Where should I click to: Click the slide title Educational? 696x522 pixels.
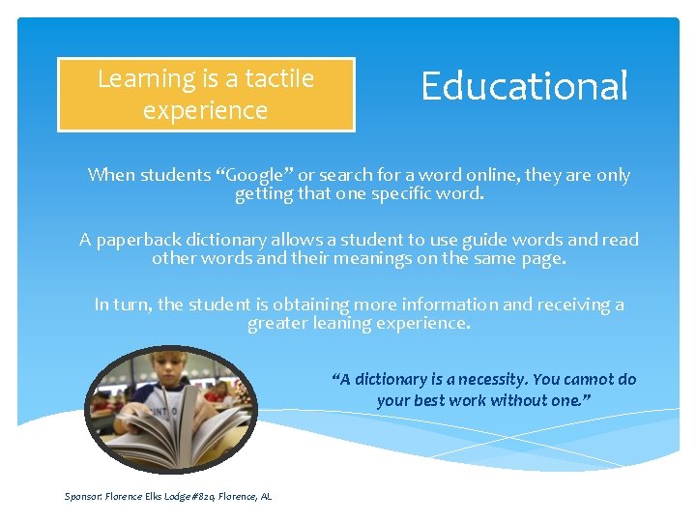(524, 86)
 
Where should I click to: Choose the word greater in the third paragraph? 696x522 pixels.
(277, 323)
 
